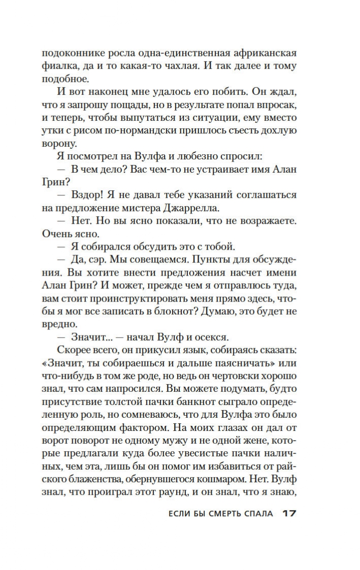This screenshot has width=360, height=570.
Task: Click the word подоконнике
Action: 70,53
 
